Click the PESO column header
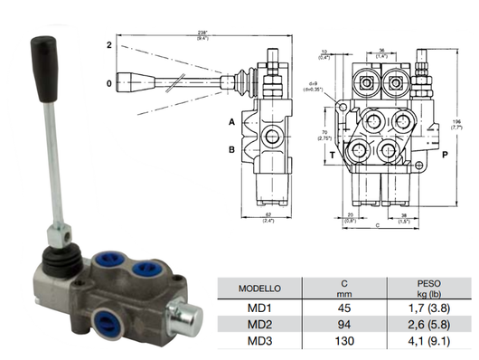422,283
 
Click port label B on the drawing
231,149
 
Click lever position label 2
108,43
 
